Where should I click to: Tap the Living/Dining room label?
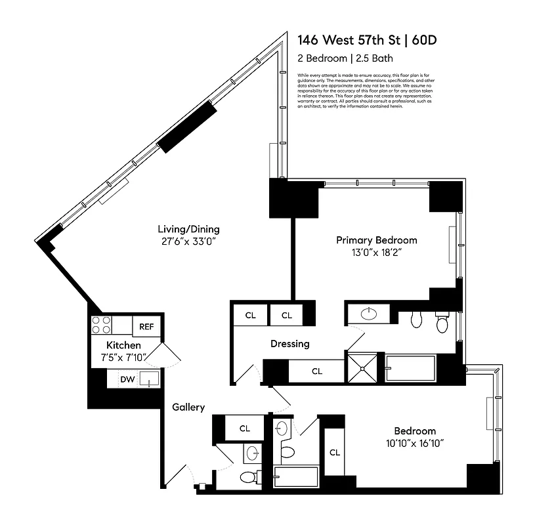188,230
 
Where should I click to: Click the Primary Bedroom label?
376,240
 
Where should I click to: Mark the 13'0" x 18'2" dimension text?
376,252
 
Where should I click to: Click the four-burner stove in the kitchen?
102,325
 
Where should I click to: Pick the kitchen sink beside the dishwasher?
149,379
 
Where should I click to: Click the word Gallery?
188,408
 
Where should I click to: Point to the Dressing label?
289,344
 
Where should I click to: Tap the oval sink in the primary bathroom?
370,313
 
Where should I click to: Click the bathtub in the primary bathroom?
410,368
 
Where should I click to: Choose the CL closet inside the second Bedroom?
335,452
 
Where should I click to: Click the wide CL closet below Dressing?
316,371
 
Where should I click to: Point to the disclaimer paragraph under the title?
363,91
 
